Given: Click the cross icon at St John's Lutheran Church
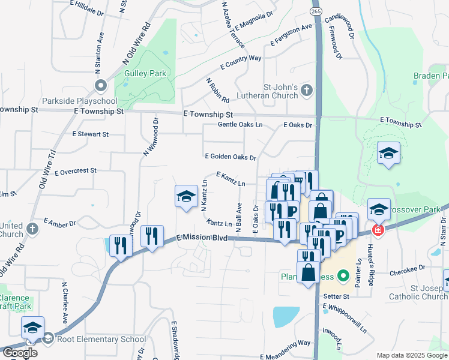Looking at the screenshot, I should [307, 91].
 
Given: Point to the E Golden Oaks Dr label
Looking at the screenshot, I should [231, 157].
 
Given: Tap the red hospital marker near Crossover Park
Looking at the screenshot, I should [378, 230].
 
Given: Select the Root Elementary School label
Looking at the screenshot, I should [98, 339].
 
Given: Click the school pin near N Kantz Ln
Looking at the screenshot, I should [186, 197].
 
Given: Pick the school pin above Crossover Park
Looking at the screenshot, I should [388, 154].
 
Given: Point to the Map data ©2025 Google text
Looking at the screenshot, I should [411, 355].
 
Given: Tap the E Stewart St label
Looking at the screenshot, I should [90, 134].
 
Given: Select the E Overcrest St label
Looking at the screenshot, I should [75, 172].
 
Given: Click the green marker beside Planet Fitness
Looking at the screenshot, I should [343, 277].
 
